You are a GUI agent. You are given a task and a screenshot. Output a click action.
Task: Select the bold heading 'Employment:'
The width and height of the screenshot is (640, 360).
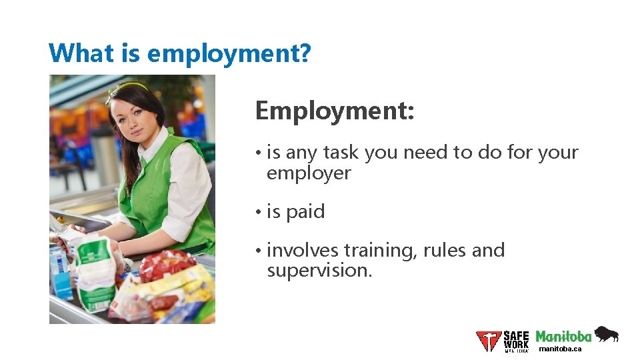pyautogui.click(x=335, y=111)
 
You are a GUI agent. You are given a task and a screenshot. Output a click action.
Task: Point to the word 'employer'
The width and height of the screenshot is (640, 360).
pyautogui.click(x=308, y=173)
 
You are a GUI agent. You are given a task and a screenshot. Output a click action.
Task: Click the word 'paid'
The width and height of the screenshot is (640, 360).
pyautogui.click(x=305, y=212)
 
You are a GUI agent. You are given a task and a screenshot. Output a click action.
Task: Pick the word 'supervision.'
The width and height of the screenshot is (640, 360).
pyautogui.click(x=319, y=271)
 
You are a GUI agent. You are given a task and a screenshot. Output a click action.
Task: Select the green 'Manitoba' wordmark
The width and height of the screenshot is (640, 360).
pyautogui.click(x=563, y=337)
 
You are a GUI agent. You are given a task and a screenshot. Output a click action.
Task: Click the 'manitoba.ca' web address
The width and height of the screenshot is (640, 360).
pyautogui.click(x=560, y=349)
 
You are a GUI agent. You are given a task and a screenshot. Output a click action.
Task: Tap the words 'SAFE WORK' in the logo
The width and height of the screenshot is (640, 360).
pyautogui.click(x=516, y=339)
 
